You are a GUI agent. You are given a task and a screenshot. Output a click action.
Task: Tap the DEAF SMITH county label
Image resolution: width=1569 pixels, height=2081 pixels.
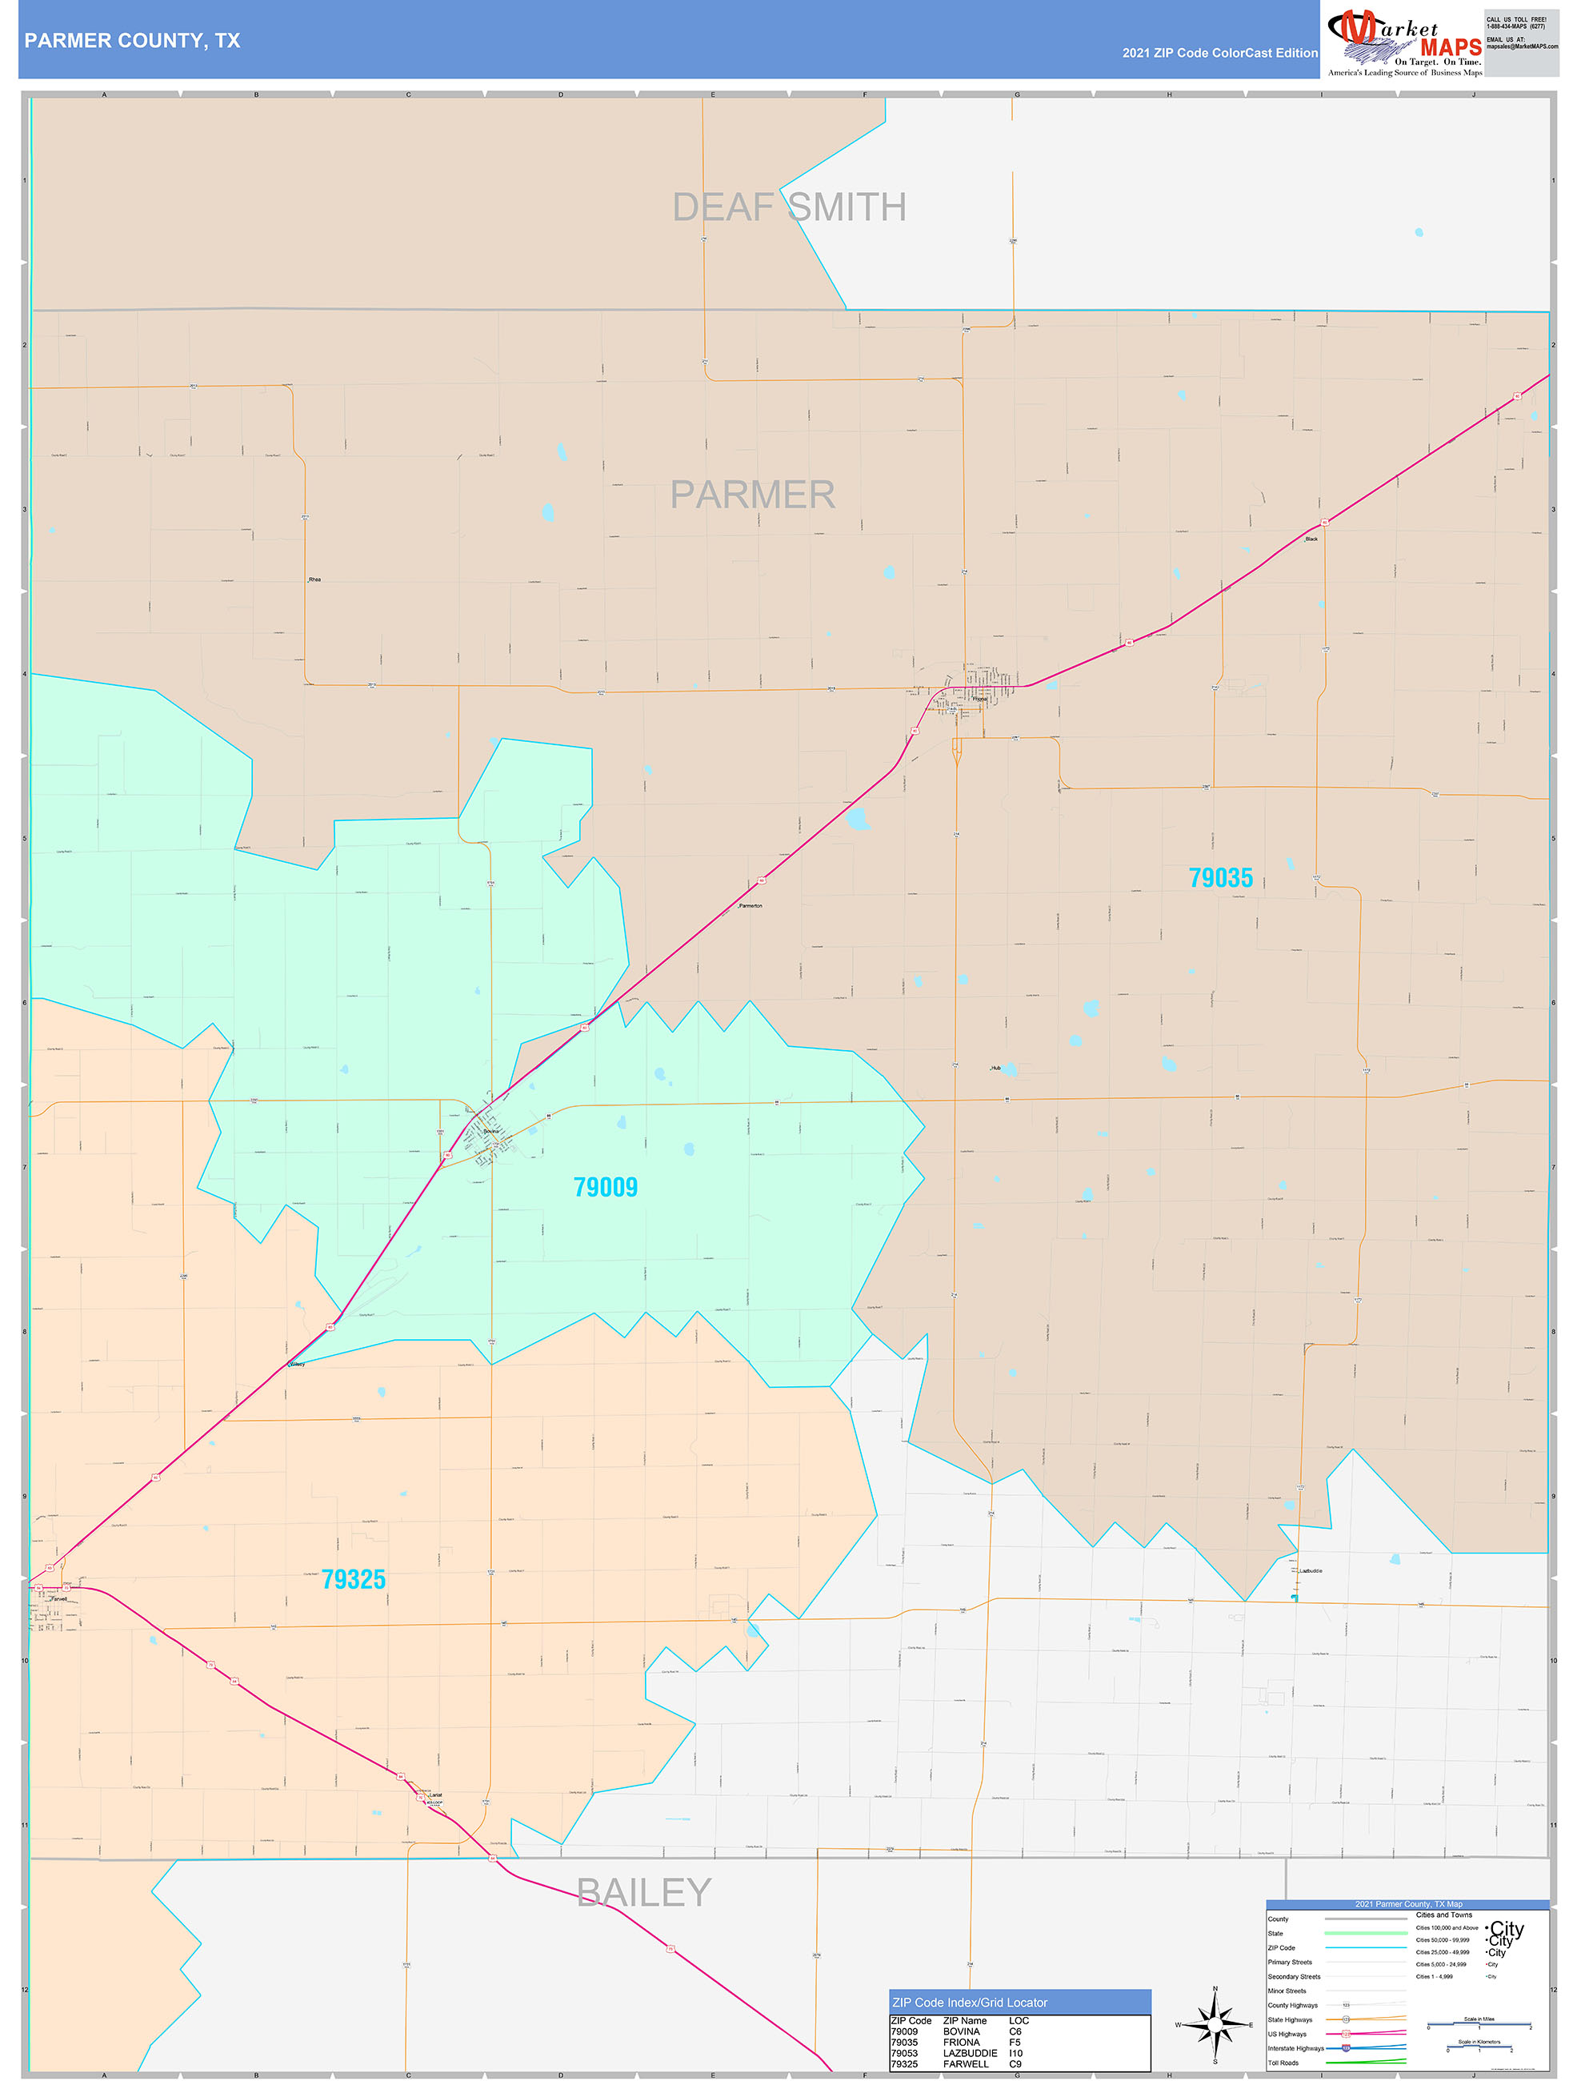[x=788, y=207]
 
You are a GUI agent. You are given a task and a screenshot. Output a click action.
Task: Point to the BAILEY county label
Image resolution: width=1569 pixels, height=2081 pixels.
[x=643, y=1892]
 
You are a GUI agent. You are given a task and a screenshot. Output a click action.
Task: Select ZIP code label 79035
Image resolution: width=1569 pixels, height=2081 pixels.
[x=1220, y=878]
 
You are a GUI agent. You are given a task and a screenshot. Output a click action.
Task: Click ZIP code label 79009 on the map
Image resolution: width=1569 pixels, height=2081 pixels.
[x=605, y=1187]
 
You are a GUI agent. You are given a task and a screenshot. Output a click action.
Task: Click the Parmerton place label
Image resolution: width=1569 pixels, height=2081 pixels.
[x=750, y=906]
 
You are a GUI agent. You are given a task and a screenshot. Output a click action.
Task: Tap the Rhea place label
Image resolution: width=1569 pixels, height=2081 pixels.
[x=314, y=579]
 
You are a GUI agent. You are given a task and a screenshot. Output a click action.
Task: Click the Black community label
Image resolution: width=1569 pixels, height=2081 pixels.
[x=1311, y=539]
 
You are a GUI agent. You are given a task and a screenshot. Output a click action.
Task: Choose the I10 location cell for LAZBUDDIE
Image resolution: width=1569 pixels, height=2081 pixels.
[x=1016, y=2054]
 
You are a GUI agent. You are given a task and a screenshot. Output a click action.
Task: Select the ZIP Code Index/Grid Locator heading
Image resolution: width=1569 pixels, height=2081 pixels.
[x=969, y=2003]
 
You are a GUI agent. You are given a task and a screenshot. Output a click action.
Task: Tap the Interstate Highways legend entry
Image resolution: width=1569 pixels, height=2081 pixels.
[x=1295, y=2048]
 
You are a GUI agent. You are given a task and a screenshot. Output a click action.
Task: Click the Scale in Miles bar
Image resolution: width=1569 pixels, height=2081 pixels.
[x=1479, y=2024]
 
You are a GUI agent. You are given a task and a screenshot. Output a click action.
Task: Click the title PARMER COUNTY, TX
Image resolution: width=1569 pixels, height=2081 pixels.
[x=133, y=41]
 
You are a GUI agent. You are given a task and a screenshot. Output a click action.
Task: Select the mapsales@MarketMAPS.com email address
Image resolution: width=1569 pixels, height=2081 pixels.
[x=1521, y=46]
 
